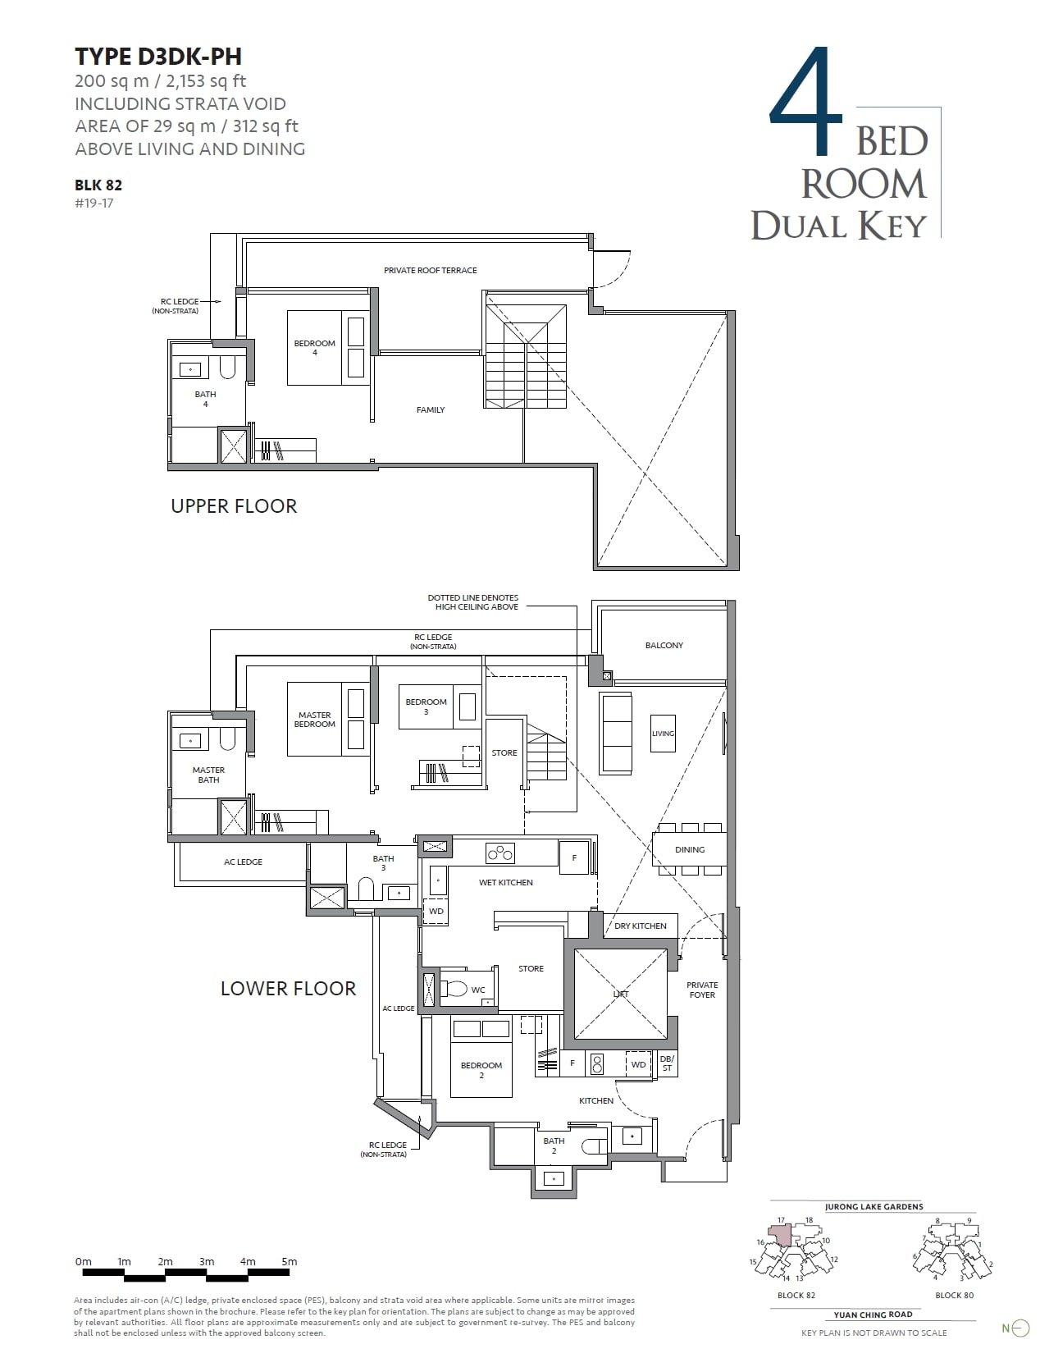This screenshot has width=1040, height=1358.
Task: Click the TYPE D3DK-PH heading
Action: [158, 57]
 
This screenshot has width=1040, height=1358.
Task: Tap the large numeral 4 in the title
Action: [807, 103]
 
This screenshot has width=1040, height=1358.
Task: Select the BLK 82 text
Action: [98, 185]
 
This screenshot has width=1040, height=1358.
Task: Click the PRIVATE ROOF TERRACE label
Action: [430, 270]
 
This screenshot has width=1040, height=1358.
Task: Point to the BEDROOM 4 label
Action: [315, 348]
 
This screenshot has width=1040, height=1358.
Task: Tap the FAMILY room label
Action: [431, 409]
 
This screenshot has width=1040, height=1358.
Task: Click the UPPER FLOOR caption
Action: [234, 505]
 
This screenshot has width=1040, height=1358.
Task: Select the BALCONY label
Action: [664, 645]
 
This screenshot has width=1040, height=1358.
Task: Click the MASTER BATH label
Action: [208, 775]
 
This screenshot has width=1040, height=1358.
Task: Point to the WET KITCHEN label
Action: [506, 882]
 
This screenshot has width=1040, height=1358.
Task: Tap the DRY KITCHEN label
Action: [641, 926]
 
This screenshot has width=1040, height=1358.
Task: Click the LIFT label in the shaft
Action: [621, 994]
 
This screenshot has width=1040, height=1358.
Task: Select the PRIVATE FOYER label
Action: [702, 990]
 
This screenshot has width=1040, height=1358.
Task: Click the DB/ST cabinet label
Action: [667, 1063]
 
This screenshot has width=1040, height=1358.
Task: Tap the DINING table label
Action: [690, 849]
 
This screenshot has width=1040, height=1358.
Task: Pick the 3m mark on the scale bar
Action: [207, 1262]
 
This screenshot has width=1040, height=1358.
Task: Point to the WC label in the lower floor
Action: [478, 990]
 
